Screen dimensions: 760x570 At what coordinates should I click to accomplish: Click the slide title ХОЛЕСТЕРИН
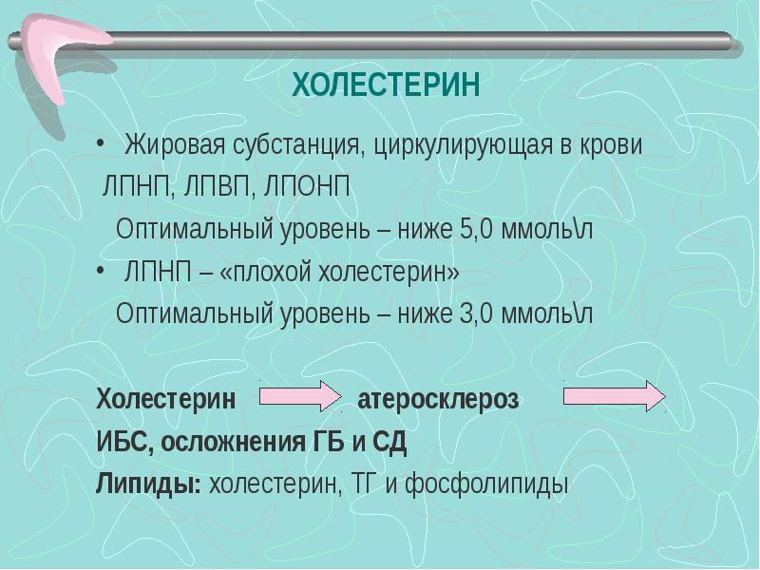386,86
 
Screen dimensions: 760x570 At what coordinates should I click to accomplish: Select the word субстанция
292,147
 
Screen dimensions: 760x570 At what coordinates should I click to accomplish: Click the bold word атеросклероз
438,399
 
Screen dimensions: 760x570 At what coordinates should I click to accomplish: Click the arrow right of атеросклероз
615,396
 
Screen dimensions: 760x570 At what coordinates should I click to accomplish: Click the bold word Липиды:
148,484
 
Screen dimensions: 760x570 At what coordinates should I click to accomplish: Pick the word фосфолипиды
486,484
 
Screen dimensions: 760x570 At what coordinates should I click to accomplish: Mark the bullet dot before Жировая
101,146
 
